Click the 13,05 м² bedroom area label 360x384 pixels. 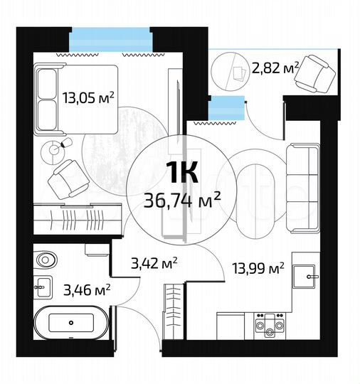(88, 97)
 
